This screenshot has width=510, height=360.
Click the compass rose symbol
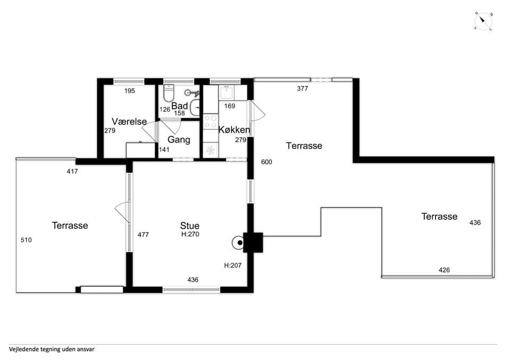pos(483,21)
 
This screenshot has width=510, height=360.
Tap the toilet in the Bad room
pos(169,93)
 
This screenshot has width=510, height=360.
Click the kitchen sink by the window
pos(227,92)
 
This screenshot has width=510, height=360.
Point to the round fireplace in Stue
pos(238,242)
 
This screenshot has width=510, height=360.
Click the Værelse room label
pos(129,121)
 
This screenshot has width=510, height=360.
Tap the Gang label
pos(178,140)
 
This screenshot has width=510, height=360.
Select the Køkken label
pos(234,130)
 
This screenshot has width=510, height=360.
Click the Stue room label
pos(190,226)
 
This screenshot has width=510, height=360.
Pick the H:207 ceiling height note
pos(233,266)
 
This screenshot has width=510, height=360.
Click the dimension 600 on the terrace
pos(266,162)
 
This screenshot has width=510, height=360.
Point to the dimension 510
pos(26,240)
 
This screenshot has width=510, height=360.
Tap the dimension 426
pos(444,270)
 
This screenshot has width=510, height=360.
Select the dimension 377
pos(302,89)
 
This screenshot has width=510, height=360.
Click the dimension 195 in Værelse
pos(130,91)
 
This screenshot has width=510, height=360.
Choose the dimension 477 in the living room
pos(143,234)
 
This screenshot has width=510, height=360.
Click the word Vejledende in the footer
pos(24,349)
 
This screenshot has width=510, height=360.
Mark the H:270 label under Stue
pos(190,234)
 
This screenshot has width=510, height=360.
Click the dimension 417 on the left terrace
pos(72,171)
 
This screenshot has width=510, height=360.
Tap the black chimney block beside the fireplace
pos(253,242)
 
